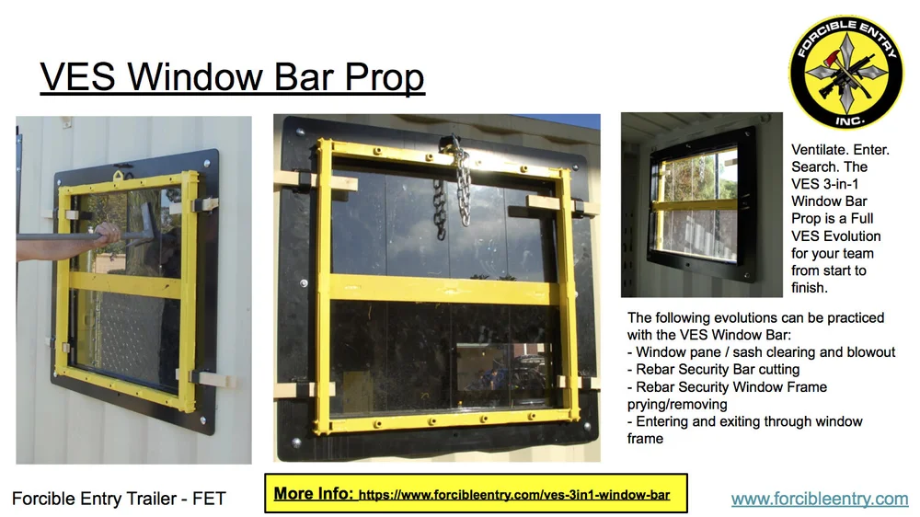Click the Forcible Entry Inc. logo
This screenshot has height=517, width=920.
846,71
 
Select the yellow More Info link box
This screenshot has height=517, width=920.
476,494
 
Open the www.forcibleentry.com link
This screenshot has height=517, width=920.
820,499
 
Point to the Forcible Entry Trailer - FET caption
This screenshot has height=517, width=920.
119,500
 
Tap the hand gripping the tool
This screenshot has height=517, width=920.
109,235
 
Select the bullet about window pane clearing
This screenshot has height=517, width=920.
761,352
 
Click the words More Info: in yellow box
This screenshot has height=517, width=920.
313,494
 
